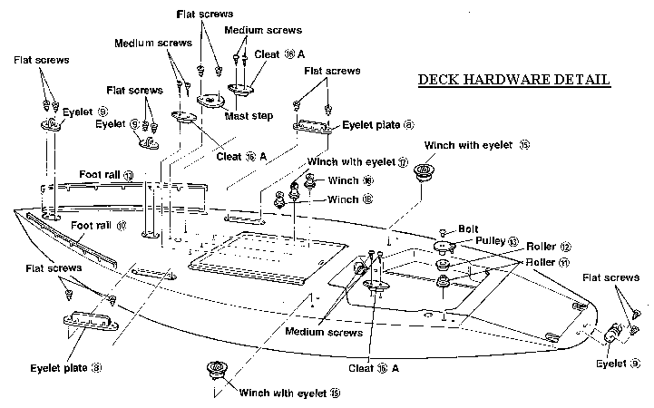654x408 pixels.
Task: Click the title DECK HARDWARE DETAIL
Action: click(513, 80)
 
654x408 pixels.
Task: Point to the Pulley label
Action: click(497, 242)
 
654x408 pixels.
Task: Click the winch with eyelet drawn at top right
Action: click(423, 171)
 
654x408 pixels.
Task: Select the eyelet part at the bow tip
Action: click(612, 334)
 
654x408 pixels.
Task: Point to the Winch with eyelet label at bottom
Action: click(289, 393)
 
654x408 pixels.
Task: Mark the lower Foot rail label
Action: click(100, 225)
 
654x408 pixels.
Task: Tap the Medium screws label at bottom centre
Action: click(324, 333)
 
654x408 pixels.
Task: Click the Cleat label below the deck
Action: click(374, 369)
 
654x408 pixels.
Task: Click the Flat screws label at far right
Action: click(615, 277)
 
